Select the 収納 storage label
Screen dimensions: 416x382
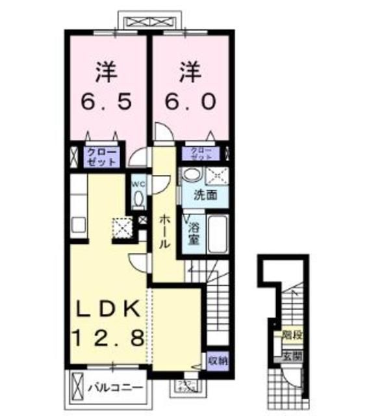218,359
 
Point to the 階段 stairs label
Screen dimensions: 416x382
292,336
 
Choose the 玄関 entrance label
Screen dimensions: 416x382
292,355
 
